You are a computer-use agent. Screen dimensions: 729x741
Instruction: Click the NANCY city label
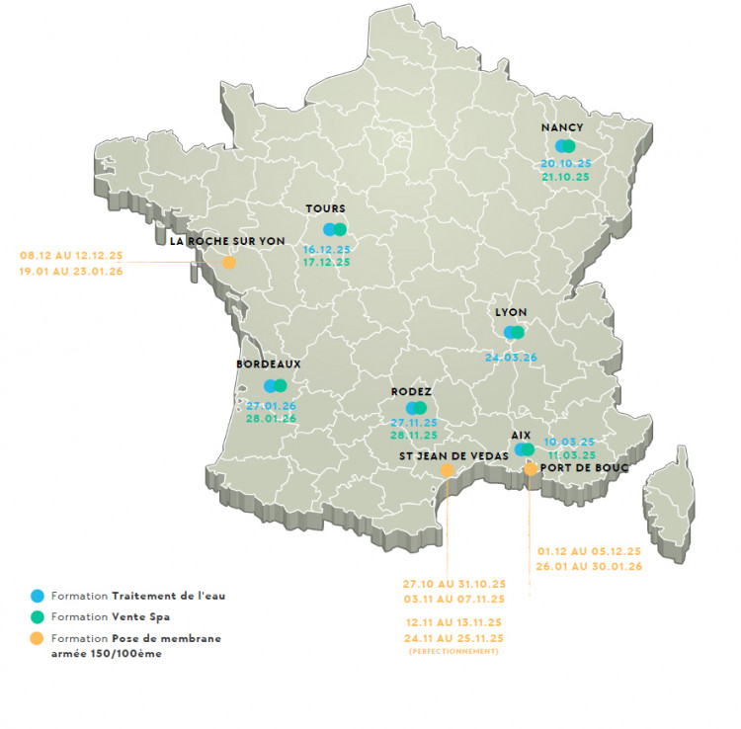pos(563,127)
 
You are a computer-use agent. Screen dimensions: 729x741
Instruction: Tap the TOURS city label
pos(326,208)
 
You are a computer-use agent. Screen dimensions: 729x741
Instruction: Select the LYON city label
pos(511,311)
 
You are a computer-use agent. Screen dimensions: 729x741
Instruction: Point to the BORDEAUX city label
pos(269,364)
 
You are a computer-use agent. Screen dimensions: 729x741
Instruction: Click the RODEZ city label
pos(411,391)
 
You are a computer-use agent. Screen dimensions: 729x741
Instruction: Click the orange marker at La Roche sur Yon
pos(229,263)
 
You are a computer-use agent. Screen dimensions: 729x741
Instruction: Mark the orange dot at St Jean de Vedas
pos(447,471)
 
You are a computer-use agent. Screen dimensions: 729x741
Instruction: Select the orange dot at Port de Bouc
pos(532,469)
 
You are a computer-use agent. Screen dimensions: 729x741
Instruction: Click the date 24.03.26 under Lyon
pos(512,357)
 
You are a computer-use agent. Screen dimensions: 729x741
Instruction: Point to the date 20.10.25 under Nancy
pos(565,163)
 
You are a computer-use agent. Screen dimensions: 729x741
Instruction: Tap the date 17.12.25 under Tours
pos(327,263)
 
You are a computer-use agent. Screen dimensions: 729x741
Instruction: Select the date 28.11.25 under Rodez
pos(414,435)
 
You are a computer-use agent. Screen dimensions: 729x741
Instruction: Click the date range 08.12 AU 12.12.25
pos(71,255)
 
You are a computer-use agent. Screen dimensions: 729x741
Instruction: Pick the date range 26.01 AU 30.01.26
pos(590,566)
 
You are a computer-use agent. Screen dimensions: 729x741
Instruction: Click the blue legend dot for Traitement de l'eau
pos(38,596)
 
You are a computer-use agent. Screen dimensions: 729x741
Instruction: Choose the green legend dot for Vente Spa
pos(38,617)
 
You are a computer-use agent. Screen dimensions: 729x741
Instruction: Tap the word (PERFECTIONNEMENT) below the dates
pos(454,651)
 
